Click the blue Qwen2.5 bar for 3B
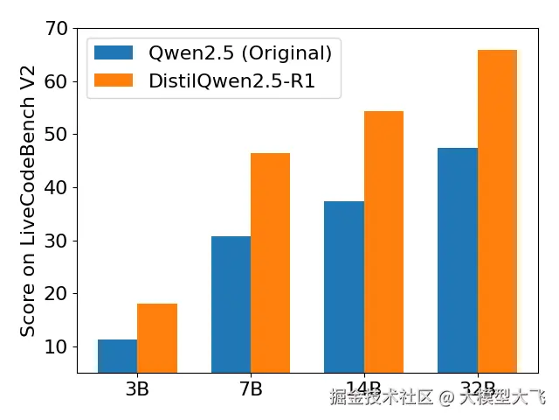117,356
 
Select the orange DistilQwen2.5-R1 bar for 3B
157,339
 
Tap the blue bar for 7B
231,304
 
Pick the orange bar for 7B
270,263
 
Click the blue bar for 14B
343,287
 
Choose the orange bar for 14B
383,242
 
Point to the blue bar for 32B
457,261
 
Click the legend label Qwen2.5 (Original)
240,52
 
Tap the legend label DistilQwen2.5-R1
231,80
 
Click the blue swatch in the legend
114,52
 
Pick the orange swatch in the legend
114,80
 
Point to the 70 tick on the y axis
56,29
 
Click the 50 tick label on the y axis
56,135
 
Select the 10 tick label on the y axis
56,347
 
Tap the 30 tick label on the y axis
56,241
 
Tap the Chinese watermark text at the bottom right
437,398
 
